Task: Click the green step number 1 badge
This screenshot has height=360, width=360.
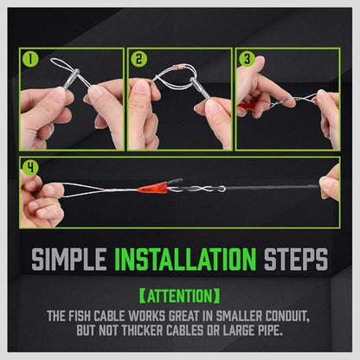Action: click(x=30, y=61)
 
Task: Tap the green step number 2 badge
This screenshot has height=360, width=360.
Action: click(x=138, y=61)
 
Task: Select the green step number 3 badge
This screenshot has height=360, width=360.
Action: click(x=247, y=61)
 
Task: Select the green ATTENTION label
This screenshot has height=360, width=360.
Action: click(x=180, y=294)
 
